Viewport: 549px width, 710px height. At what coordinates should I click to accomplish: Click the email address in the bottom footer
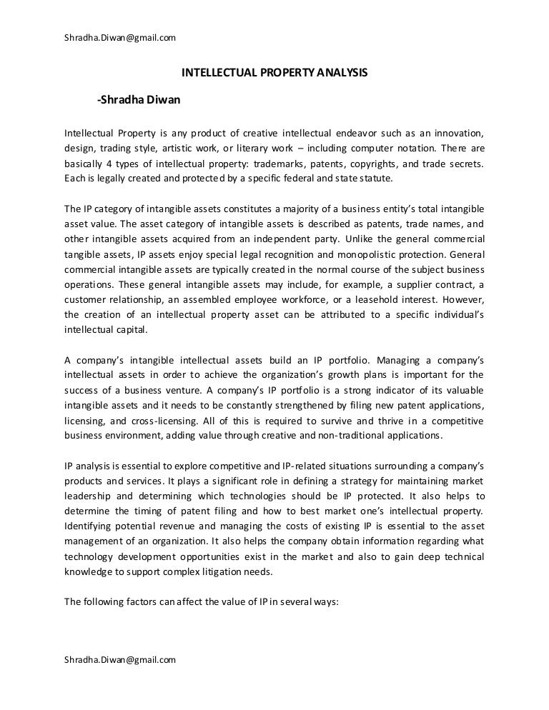[120, 661]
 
